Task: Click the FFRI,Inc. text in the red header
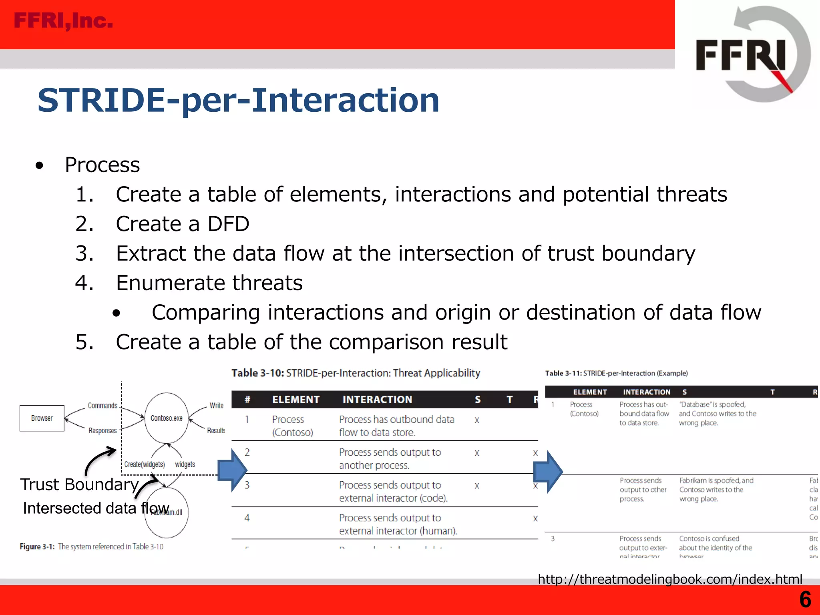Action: point(63,21)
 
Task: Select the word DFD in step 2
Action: point(228,224)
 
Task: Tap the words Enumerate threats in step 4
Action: point(209,283)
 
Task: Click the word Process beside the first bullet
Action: point(102,165)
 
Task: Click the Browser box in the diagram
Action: point(42,418)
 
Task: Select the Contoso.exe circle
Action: point(166,418)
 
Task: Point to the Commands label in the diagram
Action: point(102,406)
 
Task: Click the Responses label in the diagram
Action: point(102,431)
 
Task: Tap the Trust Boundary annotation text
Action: point(79,484)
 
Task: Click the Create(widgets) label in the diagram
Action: point(144,464)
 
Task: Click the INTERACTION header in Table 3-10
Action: point(377,400)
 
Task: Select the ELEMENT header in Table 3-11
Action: point(590,392)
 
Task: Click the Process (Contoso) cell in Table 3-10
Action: point(292,426)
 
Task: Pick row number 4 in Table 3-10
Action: point(247,518)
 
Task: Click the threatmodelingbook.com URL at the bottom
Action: point(670,579)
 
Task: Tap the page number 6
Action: point(805,599)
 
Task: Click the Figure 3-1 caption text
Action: point(91,547)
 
